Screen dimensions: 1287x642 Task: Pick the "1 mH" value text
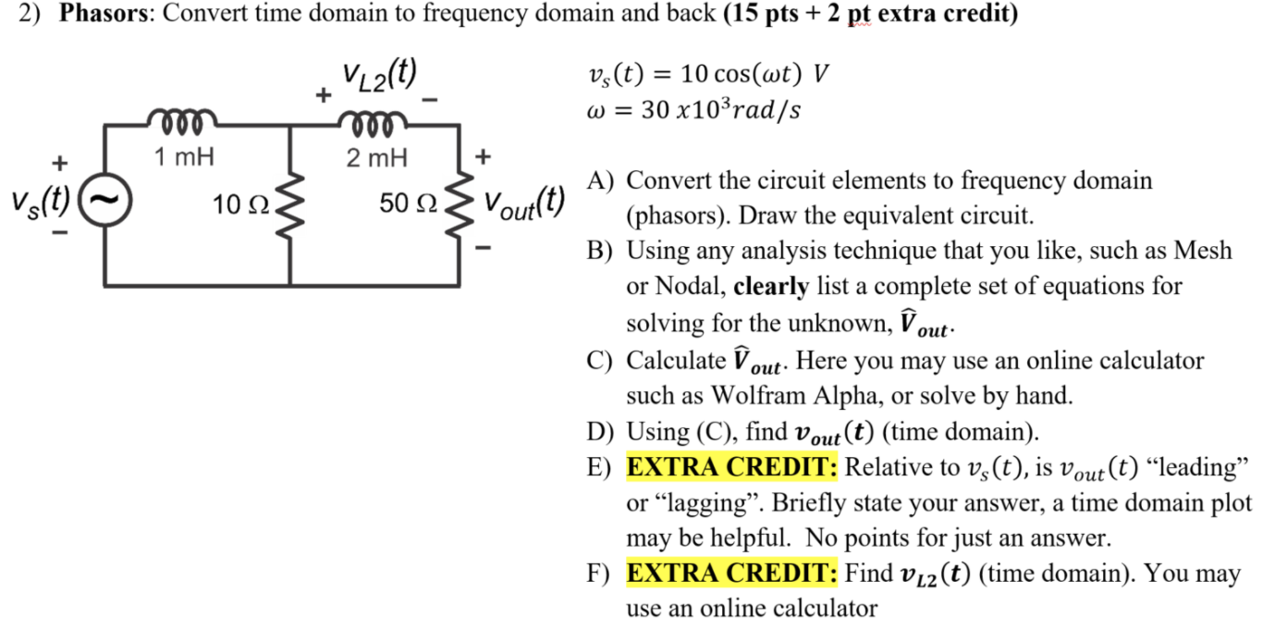183,157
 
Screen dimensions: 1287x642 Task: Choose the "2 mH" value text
376,157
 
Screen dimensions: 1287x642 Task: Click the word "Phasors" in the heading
104,16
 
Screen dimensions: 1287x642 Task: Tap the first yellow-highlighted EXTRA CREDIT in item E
732,467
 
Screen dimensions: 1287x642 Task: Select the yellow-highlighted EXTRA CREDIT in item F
732,574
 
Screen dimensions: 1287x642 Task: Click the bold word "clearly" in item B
771,287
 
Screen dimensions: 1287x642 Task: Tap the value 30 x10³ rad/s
722,110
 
